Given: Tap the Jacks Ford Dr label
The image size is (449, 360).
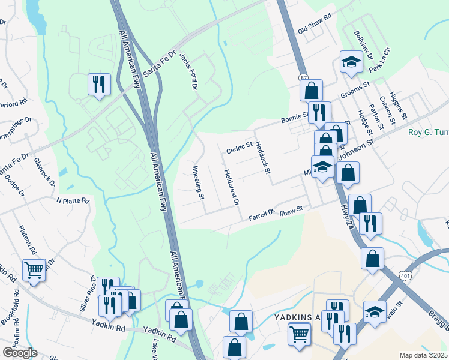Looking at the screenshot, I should pos(190,70).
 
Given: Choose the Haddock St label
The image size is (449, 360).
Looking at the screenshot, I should pos(262,158).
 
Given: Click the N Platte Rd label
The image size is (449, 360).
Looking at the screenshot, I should pos(73,200).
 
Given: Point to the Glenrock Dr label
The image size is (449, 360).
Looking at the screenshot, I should pos(45,171).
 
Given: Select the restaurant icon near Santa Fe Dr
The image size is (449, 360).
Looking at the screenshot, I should pos(99,84).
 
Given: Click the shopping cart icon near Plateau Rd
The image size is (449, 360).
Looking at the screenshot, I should pos(34,270).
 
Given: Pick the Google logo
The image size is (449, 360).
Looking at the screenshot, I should pos(20,353).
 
